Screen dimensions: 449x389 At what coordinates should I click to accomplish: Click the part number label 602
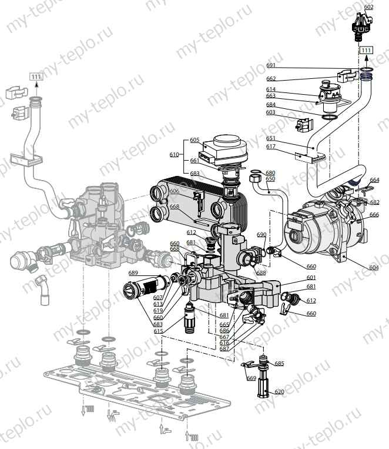coord(368,7)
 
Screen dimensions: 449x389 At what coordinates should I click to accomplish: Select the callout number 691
coord(271,66)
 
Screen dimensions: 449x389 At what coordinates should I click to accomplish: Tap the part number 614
coord(270,89)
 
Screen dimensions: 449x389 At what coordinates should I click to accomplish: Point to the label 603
coord(270,112)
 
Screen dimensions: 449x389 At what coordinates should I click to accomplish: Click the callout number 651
coord(270,139)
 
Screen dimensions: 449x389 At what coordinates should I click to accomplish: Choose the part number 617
coord(270,147)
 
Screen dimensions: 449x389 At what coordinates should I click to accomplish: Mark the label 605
coord(195,140)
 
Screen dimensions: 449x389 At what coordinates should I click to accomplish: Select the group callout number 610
coord(174,154)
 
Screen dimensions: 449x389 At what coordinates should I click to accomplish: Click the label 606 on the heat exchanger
coord(175,192)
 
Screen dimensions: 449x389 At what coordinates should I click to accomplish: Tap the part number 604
coord(373,267)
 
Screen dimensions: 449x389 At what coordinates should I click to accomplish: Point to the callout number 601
coord(311,278)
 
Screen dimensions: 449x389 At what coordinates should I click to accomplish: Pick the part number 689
coord(133,273)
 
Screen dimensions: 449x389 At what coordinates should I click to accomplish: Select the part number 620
coord(279,391)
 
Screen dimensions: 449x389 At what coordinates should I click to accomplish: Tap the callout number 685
coord(279,364)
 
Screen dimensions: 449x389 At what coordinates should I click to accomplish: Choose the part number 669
coord(251,378)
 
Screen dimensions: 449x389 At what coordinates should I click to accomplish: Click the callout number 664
coord(374,180)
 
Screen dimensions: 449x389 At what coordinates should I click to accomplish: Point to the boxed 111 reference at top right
coord(366,51)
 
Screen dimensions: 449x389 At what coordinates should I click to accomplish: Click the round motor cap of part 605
coord(230,142)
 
